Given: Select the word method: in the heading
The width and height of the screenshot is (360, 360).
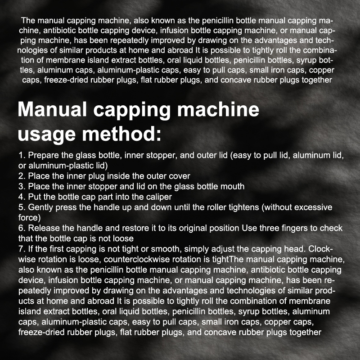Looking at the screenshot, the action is point(121,134).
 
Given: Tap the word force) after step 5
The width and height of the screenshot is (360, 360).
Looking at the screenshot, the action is point(29,218).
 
